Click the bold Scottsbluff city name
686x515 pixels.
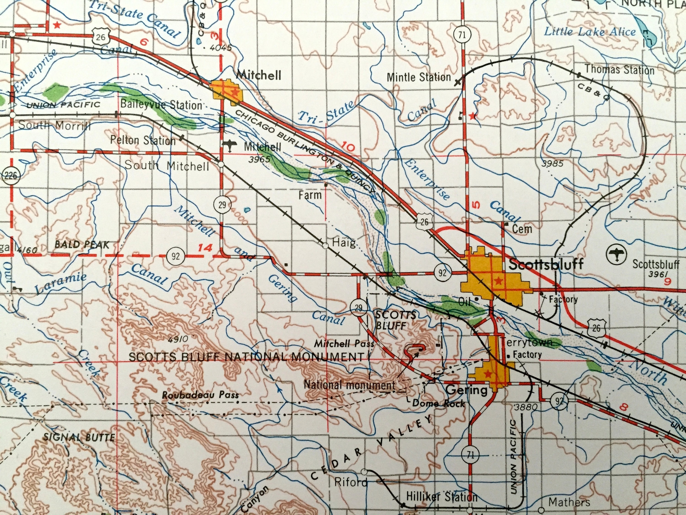pos(546,265)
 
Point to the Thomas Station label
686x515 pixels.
pos(619,70)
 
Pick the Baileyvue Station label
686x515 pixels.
pos(161,105)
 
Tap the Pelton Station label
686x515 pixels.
pos(143,140)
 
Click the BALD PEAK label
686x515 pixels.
pos(82,245)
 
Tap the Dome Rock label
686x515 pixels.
pos(439,404)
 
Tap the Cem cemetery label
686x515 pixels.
pos(522,229)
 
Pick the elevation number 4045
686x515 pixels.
pos(220,48)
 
